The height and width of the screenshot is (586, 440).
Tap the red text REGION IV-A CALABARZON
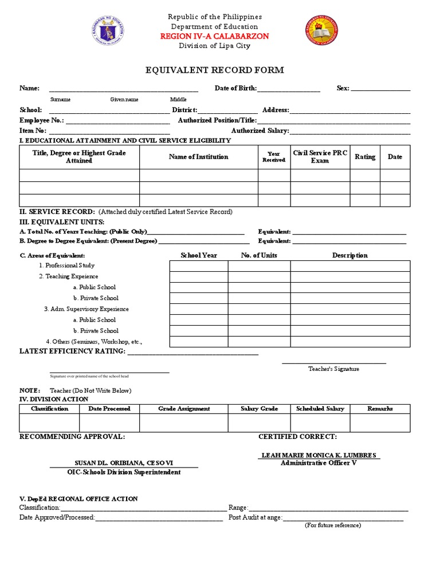tap(215, 36)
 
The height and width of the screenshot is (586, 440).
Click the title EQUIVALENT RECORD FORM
tap(215, 70)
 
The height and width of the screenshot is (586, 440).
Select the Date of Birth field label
tap(235, 88)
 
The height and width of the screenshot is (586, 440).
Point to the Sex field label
tap(343, 88)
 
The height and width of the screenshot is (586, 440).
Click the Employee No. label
tap(42, 121)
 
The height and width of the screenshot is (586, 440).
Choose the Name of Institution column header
tap(198, 157)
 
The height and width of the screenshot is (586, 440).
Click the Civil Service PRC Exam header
tap(320, 157)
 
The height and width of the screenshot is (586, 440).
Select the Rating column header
tap(365, 157)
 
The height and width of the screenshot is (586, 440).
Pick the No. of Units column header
tap(259, 255)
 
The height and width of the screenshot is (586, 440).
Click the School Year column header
tap(199, 255)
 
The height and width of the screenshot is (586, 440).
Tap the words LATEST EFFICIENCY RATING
tap(72, 351)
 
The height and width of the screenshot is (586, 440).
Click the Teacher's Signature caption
tap(334, 369)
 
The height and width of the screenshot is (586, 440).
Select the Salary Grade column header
tap(260, 409)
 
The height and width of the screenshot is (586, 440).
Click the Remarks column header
tap(380, 409)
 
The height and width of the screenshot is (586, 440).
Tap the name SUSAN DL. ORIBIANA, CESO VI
tap(124, 462)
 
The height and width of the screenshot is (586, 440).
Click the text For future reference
tap(333, 525)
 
